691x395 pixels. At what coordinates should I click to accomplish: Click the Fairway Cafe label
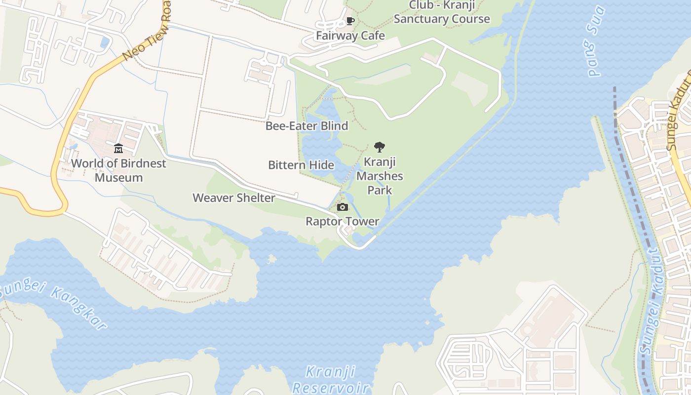pos(350,36)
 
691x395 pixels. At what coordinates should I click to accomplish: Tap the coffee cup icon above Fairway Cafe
pos(350,21)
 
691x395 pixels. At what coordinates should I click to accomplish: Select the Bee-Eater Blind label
pos(307,126)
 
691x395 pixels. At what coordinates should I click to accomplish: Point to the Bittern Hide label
pos(301,165)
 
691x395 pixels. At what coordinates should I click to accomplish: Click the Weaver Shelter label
pos(234,198)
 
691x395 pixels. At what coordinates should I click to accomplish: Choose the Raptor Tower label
pos(342,221)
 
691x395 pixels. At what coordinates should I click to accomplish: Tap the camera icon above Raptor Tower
pos(342,207)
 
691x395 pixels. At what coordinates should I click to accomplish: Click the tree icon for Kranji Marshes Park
pos(379,147)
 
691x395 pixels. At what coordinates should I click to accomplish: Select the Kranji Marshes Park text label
pos(380,176)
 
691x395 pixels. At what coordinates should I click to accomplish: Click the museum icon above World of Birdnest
pos(118,148)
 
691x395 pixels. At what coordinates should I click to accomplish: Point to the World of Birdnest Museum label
pos(118,170)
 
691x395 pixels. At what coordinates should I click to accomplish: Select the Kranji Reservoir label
pos(330,379)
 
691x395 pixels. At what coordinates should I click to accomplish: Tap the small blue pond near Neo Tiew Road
pos(105,42)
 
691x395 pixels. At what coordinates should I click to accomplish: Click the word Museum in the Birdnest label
pos(118,178)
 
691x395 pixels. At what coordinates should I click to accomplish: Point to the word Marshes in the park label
pos(380,176)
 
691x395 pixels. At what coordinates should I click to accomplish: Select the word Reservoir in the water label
pos(330,388)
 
